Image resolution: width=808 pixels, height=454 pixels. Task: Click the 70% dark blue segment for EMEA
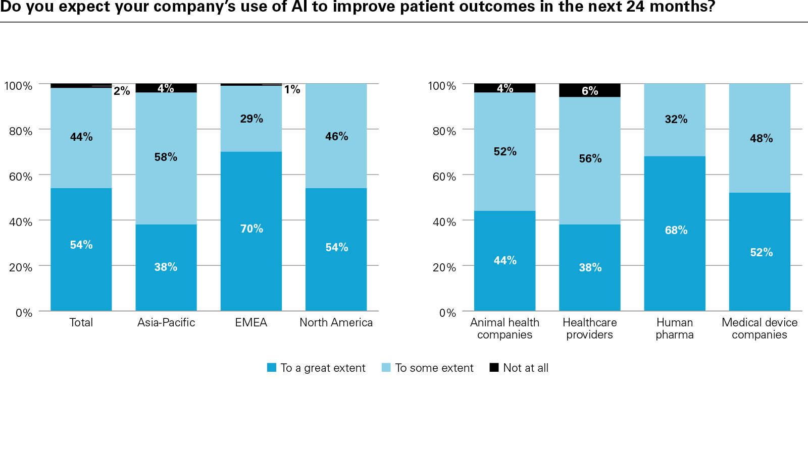pyautogui.click(x=251, y=231)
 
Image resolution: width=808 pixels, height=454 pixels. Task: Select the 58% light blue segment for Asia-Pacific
pyautogui.click(x=166, y=158)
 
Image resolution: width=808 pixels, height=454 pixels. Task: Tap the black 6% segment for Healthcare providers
pyautogui.click(x=589, y=90)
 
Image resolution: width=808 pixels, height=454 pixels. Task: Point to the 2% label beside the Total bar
pyautogui.click(x=122, y=91)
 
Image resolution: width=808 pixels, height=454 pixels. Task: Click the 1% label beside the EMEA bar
pyautogui.click(x=292, y=90)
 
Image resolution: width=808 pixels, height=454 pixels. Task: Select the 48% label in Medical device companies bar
pyautogui.click(x=761, y=138)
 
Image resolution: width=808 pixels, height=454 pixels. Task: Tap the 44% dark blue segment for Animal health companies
pyautogui.click(x=504, y=260)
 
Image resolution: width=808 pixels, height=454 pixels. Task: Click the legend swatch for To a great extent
pyautogui.click(x=272, y=368)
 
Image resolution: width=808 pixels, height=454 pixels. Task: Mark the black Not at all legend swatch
pyautogui.click(x=494, y=367)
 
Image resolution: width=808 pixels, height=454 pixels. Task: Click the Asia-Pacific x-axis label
pyautogui.click(x=166, y=322)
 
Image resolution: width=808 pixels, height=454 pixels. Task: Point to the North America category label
pyautogui.click(x=336, y=322)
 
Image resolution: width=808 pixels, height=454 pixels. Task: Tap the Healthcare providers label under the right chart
pyautogui.click(x=589, y=328)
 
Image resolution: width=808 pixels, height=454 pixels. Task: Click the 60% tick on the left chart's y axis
pyautogui.click(x=21, y=177)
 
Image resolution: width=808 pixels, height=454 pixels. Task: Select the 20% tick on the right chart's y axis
pyautogui.click(x=444, y=267)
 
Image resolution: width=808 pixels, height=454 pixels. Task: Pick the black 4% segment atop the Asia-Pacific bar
pyautogui.click(x=166, y=88)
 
